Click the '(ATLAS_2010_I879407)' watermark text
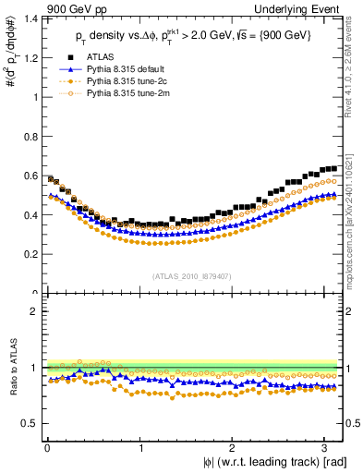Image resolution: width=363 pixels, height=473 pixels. click(x=193, y=274)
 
